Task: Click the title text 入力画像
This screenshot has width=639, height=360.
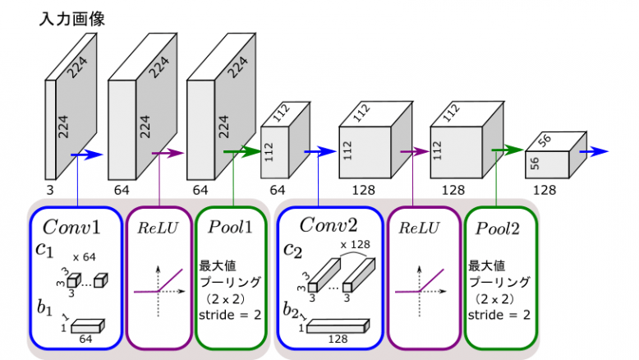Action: pos(71,18)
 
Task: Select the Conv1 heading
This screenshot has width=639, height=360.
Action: pos(75,225)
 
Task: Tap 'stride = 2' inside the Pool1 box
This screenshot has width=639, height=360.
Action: pos(231,314)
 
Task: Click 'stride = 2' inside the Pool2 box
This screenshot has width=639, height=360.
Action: pos(499,314)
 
